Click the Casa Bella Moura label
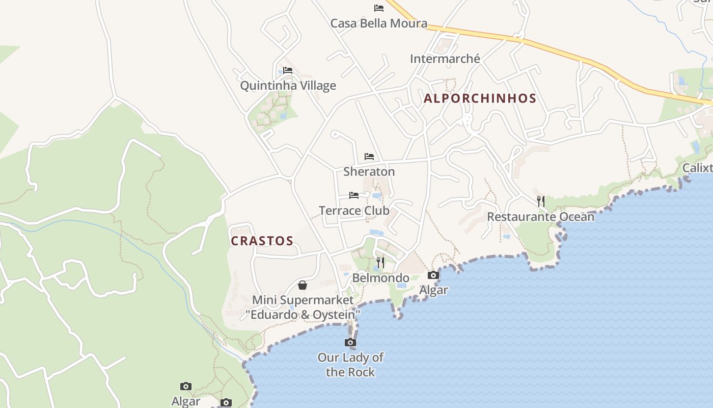(x=378, y=23)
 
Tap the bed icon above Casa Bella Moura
(x=378, y=8)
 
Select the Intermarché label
(x=445, y=59)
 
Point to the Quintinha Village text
(x=288, y=85)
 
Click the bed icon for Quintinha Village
(x=288, y=70)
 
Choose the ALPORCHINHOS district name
(x=480, y=98)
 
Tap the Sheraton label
(x=369, y=171)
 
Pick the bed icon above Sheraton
(x=369, y=156)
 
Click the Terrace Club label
(x=354, y=210)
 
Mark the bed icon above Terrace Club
(x=354, y=195)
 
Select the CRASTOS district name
(x=262, y=241)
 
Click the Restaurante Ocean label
(x=540, y=217)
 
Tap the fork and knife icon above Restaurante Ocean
(x=541, y=201)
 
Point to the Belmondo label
(x=380, y=278)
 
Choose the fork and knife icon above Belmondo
(x=380, y=263)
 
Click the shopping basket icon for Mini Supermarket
(x=303, y=285)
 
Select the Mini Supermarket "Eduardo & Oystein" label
(x=303, y=307)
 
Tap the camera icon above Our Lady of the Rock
(x=350, y=342)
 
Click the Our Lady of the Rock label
(x=350, y=365)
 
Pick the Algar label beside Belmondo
(x=433, y=290)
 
